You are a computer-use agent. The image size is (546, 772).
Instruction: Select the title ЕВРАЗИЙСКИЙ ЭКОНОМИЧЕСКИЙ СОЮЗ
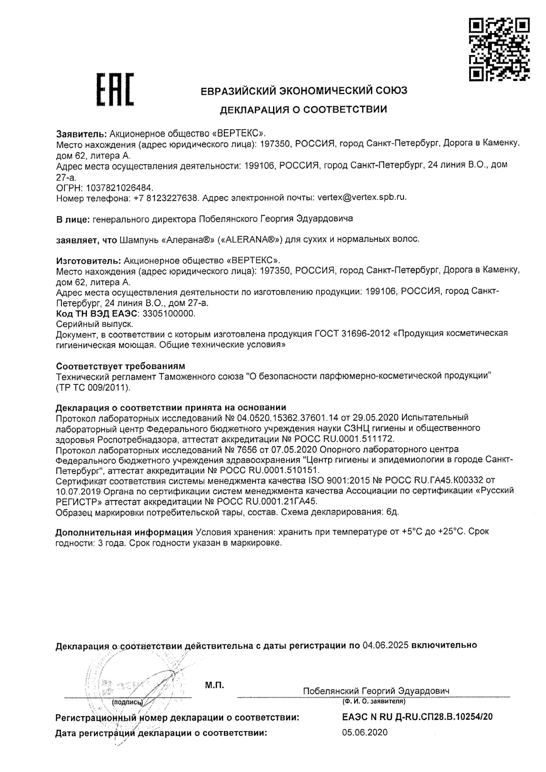pyautogui.click(x=304, y=91)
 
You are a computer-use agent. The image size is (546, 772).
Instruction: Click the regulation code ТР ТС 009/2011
pyautogui.click(x=93, y=388)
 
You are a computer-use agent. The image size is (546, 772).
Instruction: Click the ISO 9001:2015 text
pyautogui.click(x=335, y=480)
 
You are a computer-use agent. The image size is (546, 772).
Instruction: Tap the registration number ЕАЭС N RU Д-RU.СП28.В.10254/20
pyautogui.click(x=417, y=717)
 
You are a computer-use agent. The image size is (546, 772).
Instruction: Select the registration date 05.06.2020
pyautogui.click(x=364, y=732)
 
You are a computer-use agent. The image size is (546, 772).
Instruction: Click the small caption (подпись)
pyautogui.click(x=127, y=702)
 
